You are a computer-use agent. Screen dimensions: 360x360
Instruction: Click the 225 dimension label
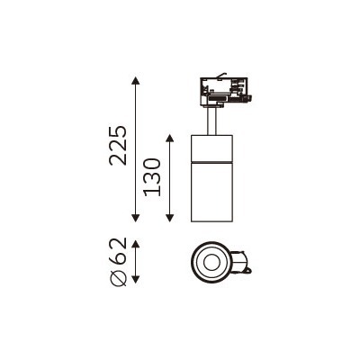click(118, 146)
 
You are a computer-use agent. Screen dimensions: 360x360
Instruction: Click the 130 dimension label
click(152, 177)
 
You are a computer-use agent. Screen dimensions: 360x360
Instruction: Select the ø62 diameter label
click(118, 262)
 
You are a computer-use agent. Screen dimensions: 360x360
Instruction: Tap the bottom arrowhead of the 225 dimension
click(136, 218)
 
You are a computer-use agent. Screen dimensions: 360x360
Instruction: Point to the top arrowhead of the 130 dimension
click(170, 139)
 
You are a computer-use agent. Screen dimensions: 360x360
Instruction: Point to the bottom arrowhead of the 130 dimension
click(170, 218)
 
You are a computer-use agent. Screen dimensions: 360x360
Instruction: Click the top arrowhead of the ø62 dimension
click(136, 244)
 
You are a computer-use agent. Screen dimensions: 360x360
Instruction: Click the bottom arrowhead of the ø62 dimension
click(136, 278)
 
